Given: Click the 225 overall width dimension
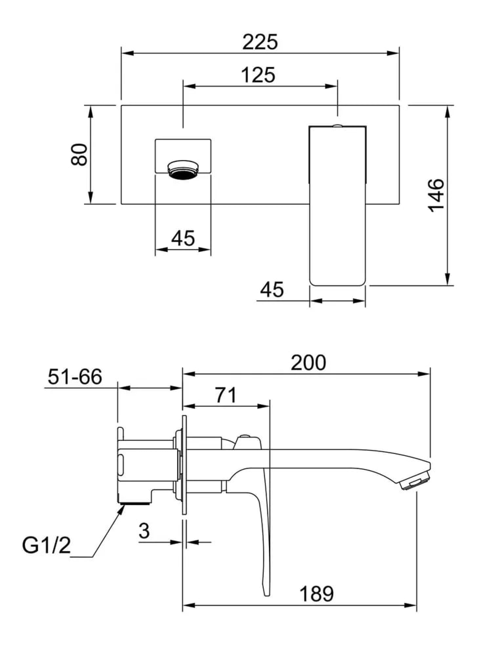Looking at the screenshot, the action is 260,42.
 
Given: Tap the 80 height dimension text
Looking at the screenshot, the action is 79,155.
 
